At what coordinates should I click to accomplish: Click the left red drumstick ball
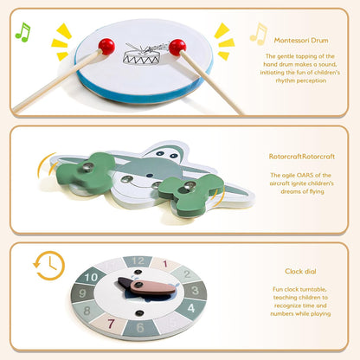click(x=106, y=47)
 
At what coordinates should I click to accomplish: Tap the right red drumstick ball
click(x=177, y=48)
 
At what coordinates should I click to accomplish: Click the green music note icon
click(x=22, y=32)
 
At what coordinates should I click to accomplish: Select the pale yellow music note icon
click(x=259, y=34)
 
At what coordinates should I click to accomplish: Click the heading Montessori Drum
click(x=301, y=41)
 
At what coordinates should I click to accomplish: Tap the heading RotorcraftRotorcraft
click(x=302, y=157)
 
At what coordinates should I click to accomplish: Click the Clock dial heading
click(x=300, y=272)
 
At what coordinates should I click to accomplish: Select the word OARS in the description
click(x=305, y=175)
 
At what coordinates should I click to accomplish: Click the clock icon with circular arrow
click(x=49, y=266)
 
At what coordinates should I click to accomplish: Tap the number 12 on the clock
click(x=138, y=261)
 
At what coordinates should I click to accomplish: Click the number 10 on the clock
click(x=91, y=278)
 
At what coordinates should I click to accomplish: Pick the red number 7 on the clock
click(x=111, y=324)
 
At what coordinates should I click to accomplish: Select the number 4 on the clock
click(x=191, y=308)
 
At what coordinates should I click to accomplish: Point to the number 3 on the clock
click(x=196, y=290)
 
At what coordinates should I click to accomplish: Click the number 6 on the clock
click(x=140, y=328)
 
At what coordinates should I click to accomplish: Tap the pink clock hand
click(x=152, y=287)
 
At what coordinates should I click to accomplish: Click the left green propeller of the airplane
click(x=86, y=172)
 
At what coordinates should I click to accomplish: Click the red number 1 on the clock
click(x=165, y=264)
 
